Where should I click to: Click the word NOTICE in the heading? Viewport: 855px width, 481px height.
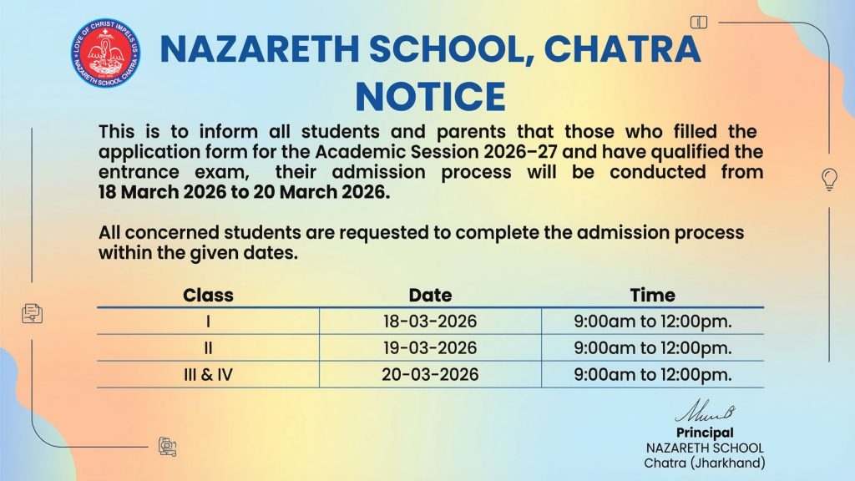coord(430,96)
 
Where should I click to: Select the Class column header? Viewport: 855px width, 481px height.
coord(208,295)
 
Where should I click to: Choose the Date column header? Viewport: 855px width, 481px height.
coord(430,295)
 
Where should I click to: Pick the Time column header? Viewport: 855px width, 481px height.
coord(652,295)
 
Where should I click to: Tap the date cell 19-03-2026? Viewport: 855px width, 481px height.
coord(430,347)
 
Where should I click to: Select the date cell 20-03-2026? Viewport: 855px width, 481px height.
coord(430,374)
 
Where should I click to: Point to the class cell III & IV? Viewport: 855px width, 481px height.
coord(208,374)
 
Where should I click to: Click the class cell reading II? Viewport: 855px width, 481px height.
coord(208,347)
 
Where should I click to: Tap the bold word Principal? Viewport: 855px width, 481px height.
coord(705,433)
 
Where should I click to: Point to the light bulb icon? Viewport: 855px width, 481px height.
coord(829,178)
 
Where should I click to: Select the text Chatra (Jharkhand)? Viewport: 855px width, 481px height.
coord(705,463)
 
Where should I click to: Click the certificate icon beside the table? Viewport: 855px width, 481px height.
coord(32,313)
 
